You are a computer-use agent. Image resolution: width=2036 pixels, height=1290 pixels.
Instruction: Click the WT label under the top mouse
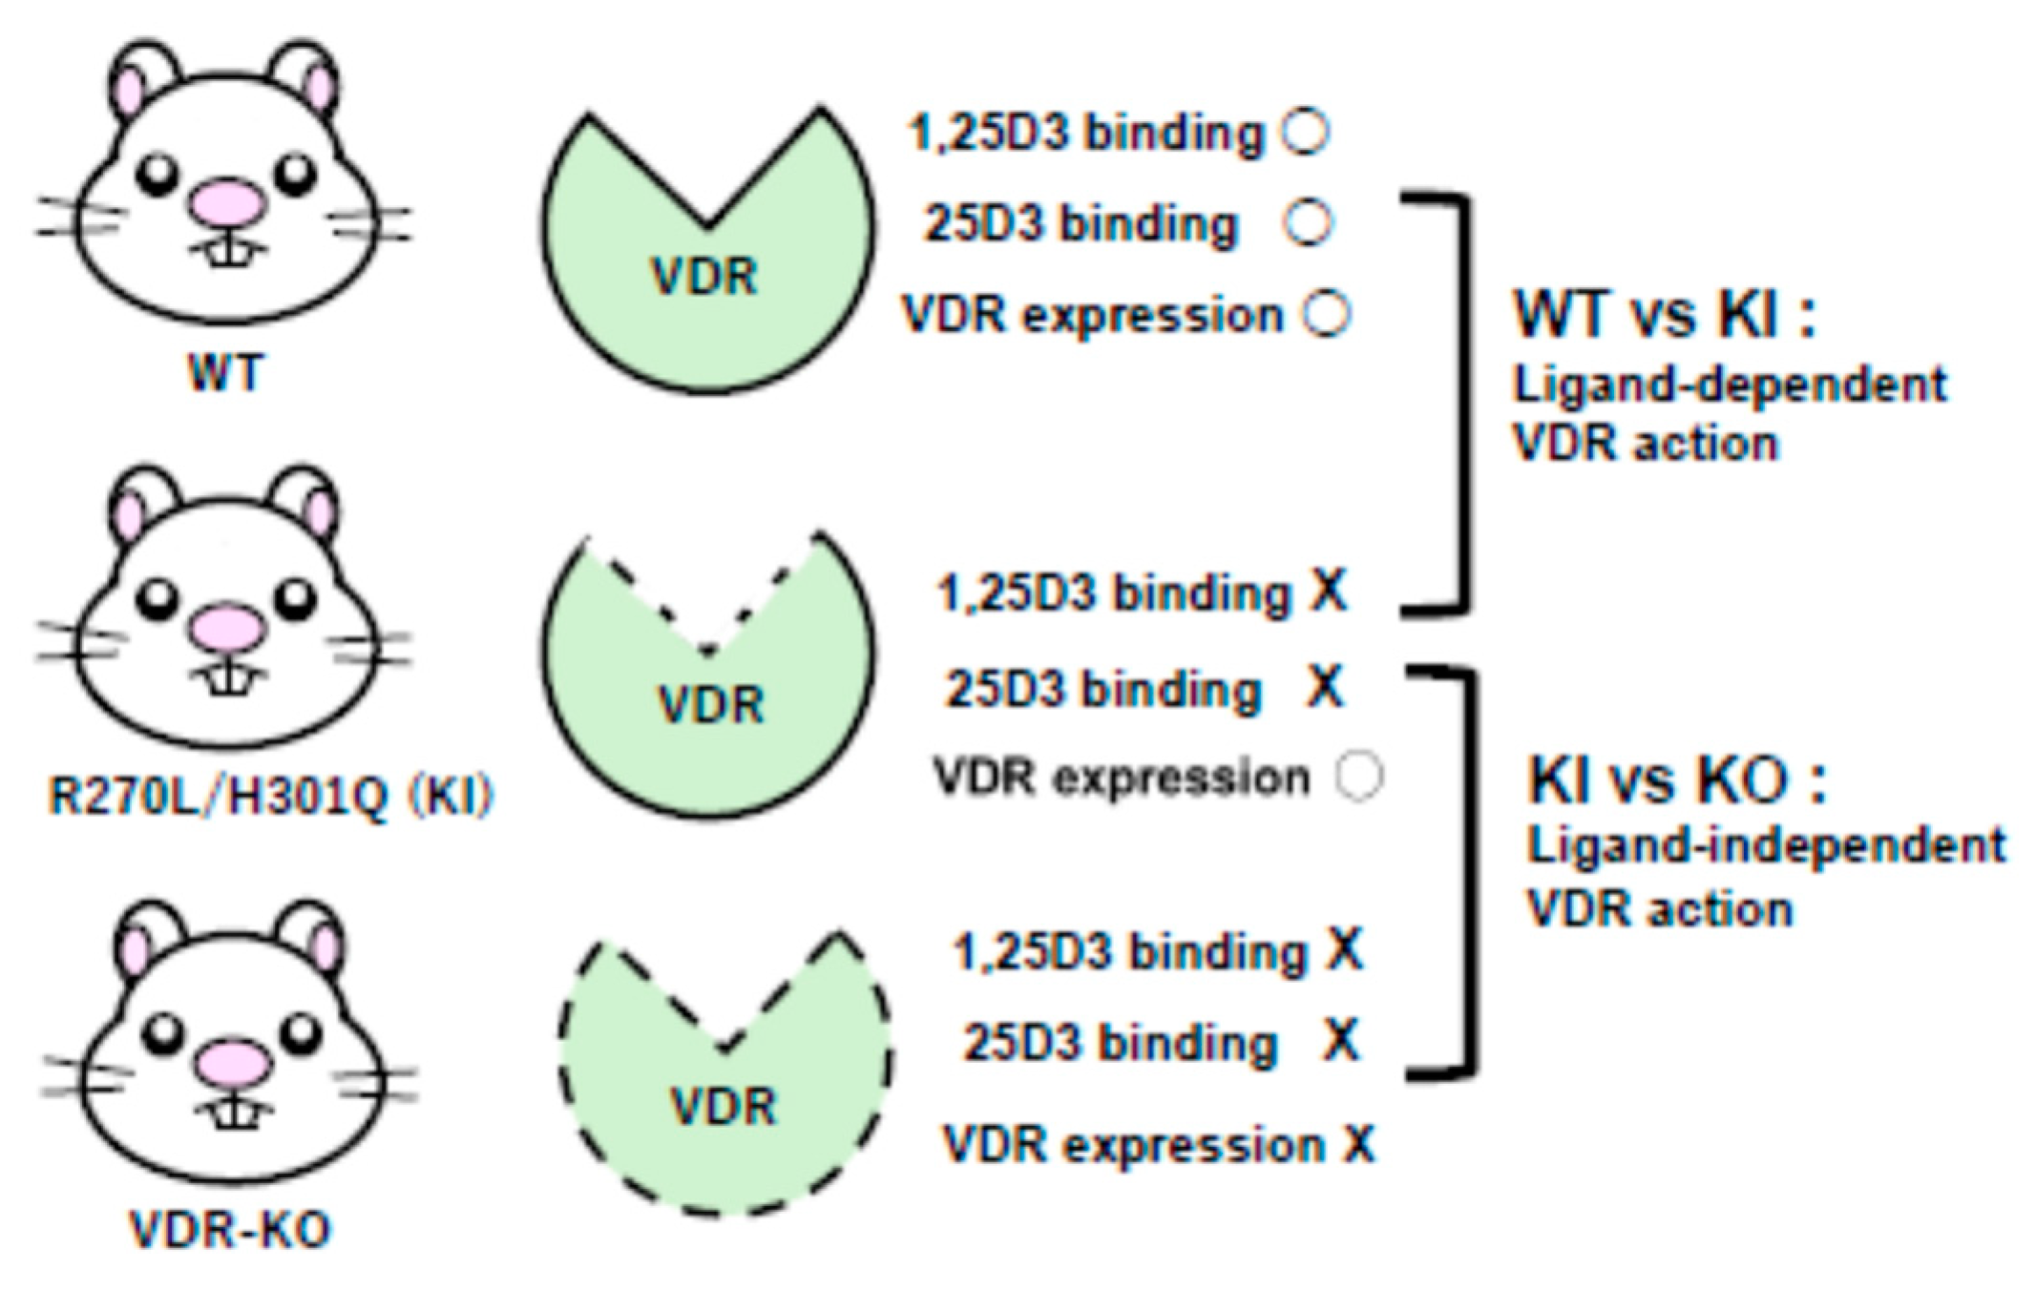[x=225, y=372]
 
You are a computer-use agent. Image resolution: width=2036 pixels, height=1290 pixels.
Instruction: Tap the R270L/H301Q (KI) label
[x=270, y=795]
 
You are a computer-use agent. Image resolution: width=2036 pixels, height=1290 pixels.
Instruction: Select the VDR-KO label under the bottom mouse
[x=230, y=1229]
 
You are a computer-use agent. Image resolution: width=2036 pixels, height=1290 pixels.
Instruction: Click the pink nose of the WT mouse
[x=227, y=201]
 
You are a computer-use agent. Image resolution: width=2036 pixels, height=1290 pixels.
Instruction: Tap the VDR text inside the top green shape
[x=704, y=277]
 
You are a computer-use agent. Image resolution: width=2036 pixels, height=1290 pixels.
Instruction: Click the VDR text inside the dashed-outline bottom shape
[x=724, y=1107]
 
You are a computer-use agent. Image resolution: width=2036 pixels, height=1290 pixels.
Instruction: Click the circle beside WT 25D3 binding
[x=1307, y=222]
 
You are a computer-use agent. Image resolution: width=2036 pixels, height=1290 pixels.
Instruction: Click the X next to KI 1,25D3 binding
[x=1329, y=592]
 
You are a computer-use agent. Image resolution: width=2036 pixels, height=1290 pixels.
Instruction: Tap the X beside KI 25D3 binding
[x=1325, y=686]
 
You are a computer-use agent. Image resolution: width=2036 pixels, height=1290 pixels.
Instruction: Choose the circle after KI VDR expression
[x=1359, y=776]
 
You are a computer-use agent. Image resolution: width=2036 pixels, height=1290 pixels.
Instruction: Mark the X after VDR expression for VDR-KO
[x=1359, y=1143]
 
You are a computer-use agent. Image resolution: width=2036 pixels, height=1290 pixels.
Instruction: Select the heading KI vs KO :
[x=1676, y=780]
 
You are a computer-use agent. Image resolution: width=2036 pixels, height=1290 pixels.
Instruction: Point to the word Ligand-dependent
[x=1730, y=385]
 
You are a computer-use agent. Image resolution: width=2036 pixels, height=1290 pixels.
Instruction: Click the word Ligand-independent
[x=1766, y=845]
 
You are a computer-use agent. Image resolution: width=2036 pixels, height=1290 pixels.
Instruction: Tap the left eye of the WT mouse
[x=157, y=173]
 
